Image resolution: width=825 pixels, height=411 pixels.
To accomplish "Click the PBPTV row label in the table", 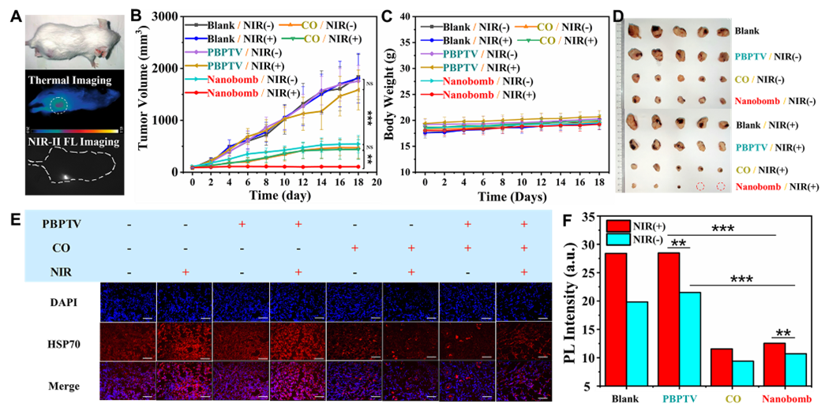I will click(62, 226).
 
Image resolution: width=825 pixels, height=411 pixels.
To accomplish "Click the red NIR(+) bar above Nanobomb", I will click(774, 365).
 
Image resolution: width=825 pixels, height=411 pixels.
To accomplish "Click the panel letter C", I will click(386, 15).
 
